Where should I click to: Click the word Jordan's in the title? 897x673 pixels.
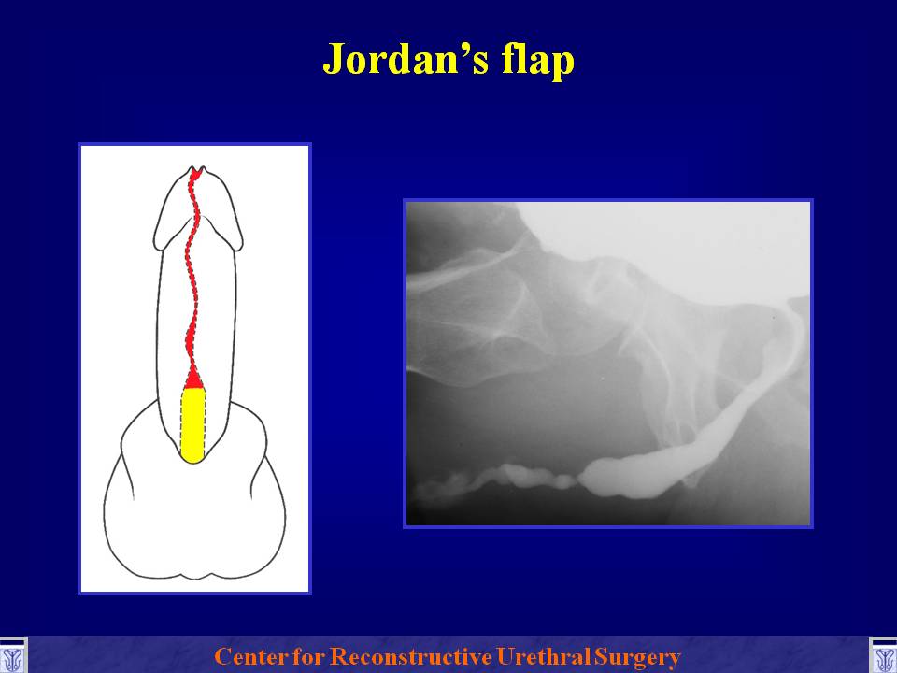pyautogui.click(x=406, y=59)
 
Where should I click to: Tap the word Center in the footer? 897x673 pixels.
pyautogui.click(x=250, y=656)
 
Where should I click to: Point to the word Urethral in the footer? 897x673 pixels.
pyautogui.click(x=544, y=656)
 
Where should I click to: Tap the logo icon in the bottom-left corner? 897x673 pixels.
pyautogui.click(x=12, y=656)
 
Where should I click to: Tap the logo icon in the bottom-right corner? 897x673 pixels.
pyautogui.click(x=883, y=656)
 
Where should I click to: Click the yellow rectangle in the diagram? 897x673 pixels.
pyautogui.click(x=192, y=424)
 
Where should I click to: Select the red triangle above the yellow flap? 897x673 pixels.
pyautogui.click(x=193, y=379)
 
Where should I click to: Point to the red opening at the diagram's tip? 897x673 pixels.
pyautogui.click(x=195, y=172)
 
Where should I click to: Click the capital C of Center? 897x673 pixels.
pyautogui.click(x=223, y=656)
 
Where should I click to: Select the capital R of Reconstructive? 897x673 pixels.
pyautogui.click(x=340, y=656)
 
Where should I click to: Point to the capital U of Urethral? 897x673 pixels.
pyautogui.click(x=505, y=656)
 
